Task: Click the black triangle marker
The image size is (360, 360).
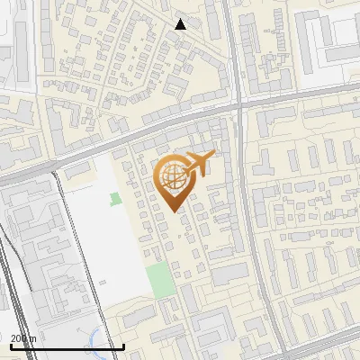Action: pyautogui.click(x=180, y=24)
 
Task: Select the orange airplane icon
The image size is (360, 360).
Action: pyautogui.click(x=196, y=164)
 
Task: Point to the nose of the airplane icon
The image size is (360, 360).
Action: pyautogui.click(x=213, y=157)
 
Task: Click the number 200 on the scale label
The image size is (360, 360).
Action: pyautogui.click(x=19, y=338)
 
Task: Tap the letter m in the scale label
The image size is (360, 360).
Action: pyautogui.click(x=32, y=338)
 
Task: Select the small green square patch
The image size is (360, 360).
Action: pyautogui.click(x=115, y=199)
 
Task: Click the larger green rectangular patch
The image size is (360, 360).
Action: pyautogui.click(x=160, y=281)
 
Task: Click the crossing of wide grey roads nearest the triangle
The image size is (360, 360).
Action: pyautogui.click(x=239, y=104)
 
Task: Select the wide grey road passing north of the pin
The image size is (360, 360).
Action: pyautogui.click(x=135, y=130)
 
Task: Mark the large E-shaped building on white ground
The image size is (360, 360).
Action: pyautogui.click(x=329, y=40)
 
